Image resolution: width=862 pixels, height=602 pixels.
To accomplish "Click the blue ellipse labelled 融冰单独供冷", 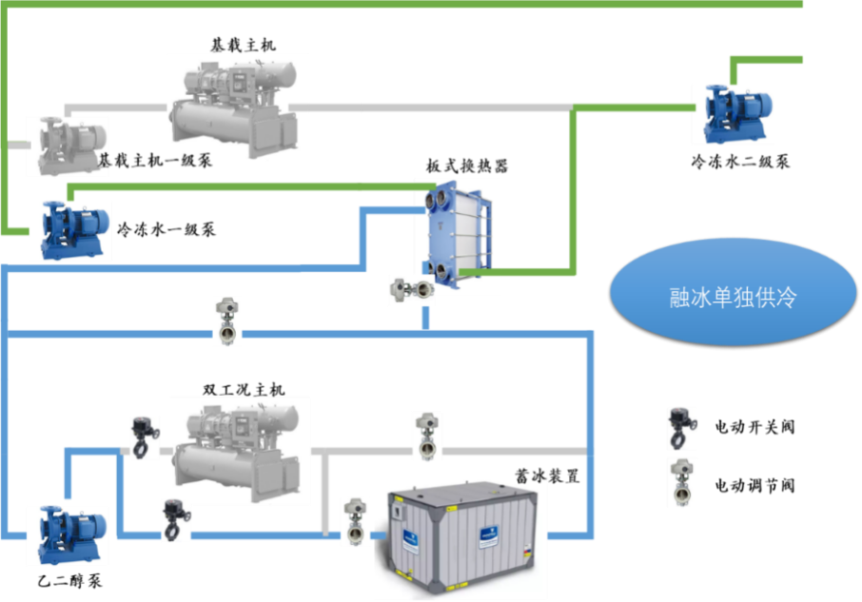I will [732, 298].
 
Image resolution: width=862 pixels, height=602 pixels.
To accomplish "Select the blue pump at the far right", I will [733, 114].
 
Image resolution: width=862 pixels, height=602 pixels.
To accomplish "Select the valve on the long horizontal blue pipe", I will [226, 321].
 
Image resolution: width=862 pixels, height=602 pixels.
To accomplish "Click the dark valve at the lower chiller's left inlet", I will [145, 438].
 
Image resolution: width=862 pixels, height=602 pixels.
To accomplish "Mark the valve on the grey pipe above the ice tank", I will [427, 437].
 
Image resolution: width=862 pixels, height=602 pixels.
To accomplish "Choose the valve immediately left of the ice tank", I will [355, 522].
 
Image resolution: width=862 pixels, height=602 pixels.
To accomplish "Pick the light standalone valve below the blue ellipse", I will [681, 480].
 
